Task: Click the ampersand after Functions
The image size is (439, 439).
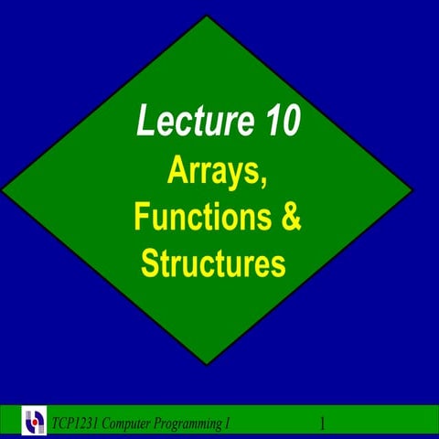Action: pyautogui.click(x=291, y=217)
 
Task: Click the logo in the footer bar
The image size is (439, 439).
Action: pyautogui.click(x=35, y=423)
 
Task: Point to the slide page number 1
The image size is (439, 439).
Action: pyautogui.click(x=323, y=423)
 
